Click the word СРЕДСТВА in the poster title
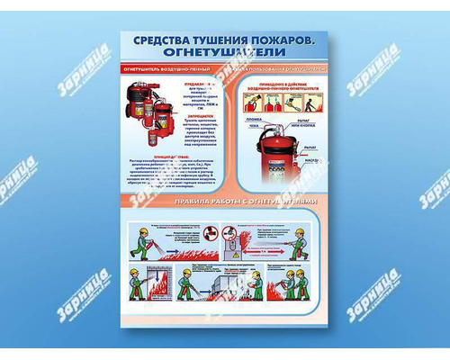point(162,41)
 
